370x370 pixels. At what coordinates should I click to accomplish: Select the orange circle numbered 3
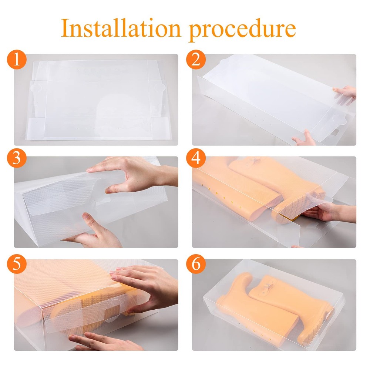[x=16, y=160]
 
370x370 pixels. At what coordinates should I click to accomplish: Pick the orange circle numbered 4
[x=196, y=160]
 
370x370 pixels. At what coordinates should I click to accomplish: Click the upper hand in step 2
[x=345, y=94]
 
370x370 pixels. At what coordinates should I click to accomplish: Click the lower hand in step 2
[x=305, y=138]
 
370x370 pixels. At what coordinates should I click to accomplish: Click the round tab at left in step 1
[x=36, y=88]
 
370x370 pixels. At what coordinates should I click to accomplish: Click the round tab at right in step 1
[x=160, y=88]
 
